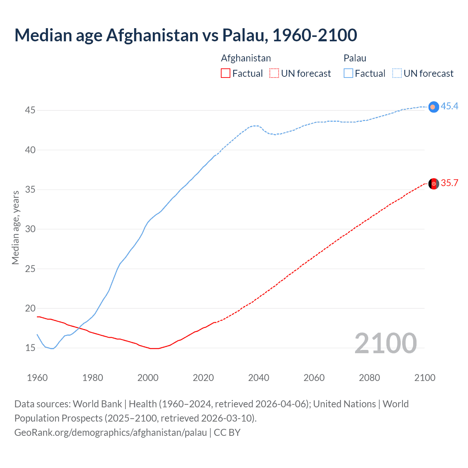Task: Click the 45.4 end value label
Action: click(x=449, y=106)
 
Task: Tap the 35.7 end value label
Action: click(x=449, y=183)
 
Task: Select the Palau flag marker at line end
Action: click(x=433, y=107)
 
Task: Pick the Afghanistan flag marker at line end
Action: click(x=434, y=184)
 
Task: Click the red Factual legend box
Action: click(x=226, y=73)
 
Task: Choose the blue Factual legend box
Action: click(x=348, y=73)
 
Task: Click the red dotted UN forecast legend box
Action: click(x=274, y=73)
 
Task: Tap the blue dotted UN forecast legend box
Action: click(x=397, y=73)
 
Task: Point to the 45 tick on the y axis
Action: click(x=30, y=110)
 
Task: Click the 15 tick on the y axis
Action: click(x=30, y=348)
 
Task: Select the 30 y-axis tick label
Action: click(x=30, y=229)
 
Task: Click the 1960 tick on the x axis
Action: click(x=37, y=378)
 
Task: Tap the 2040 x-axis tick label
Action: click(x=258, y=378)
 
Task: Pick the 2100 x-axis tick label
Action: click(x=424, y=378)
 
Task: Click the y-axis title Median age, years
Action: click(x=15, y=227)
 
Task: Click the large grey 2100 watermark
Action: click(x=385, y=343)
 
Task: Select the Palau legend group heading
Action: click(x=355, y=58)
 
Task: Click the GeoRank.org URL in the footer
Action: click(x=110, y=433)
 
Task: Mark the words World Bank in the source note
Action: click(x=97, y=404)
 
